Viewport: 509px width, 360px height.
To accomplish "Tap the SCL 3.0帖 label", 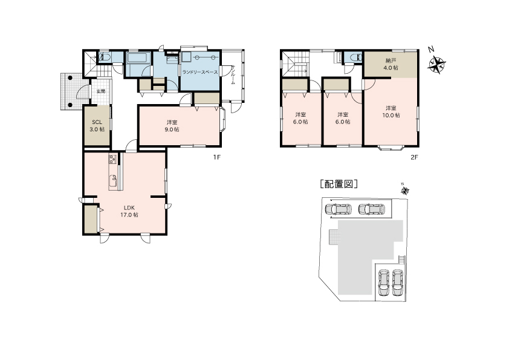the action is tap(97, 126).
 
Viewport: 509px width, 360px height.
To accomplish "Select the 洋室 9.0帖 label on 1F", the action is tap(172, 126).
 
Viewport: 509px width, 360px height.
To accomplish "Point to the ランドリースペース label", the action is tap(200, 72).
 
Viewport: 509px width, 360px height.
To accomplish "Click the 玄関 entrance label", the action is tap(101, 91).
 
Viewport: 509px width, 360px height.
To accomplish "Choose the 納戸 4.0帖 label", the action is tap(391, 64).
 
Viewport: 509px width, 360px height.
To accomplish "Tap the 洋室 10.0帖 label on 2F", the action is tap(391, 111).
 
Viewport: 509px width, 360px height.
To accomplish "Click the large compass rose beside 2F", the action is tap(436, 64).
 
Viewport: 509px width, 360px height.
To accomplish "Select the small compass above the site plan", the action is tap(405, 191).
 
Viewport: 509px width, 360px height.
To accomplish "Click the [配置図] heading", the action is tap(339, 184).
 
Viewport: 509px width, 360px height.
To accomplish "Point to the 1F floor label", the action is tap(217, 157).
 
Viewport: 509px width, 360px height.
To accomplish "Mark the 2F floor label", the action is tap(415, 157).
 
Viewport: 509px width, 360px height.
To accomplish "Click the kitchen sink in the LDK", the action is tap(113, 181).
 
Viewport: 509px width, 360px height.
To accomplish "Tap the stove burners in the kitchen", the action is tap(113, 159).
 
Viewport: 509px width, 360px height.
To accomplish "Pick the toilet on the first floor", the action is tap(105, 57).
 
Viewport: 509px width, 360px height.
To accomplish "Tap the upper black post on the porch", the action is tap(70, 77).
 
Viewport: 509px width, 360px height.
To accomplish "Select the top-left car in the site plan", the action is tap(339, 209).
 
